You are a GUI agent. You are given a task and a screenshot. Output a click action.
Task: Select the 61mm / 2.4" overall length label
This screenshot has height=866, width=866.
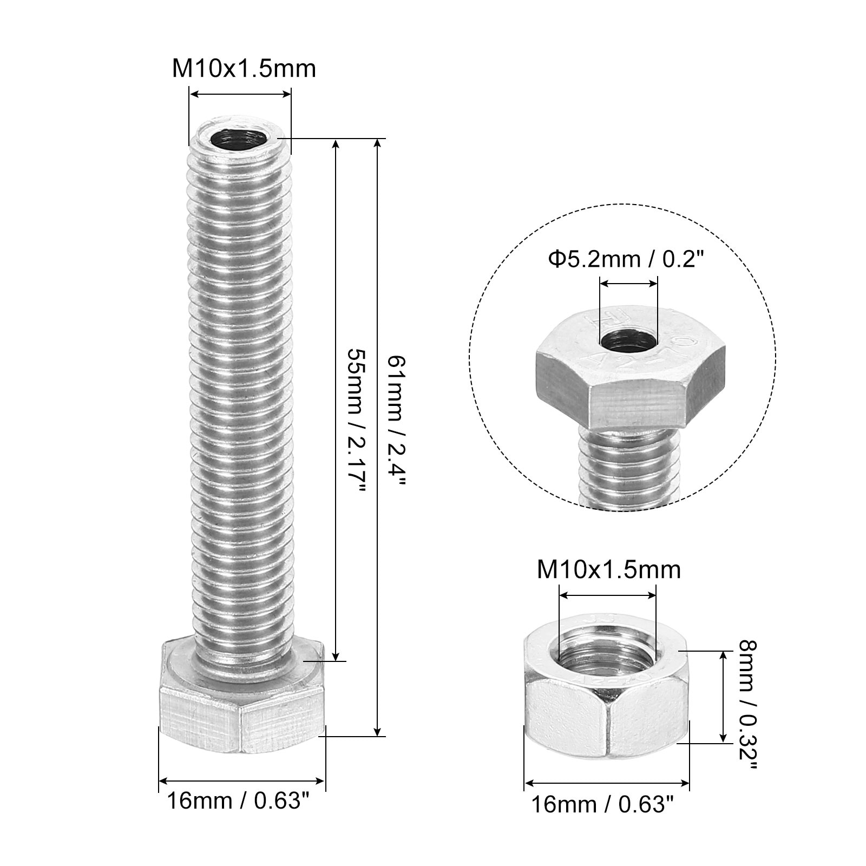click(395, 419)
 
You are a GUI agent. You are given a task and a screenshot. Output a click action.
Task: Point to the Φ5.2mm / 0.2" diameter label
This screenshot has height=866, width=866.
click(626, 260)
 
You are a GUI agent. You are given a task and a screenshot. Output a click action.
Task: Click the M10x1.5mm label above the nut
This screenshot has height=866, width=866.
click(609, 570)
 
